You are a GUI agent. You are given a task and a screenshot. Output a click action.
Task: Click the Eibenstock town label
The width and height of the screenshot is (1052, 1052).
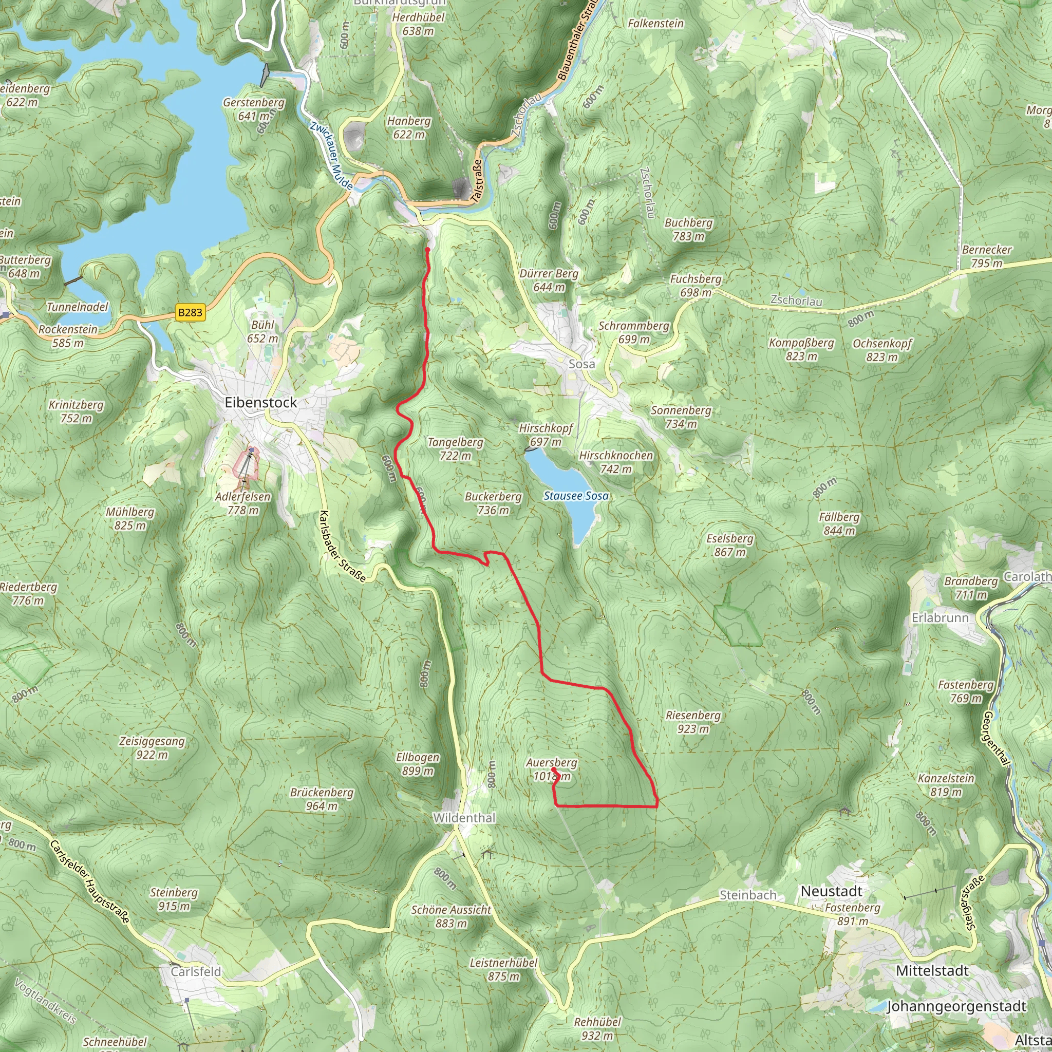[261, 402]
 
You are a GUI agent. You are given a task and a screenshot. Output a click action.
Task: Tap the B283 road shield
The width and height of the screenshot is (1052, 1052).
[190, 312]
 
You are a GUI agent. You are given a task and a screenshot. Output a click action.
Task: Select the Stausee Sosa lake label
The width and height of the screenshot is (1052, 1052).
[576, 496]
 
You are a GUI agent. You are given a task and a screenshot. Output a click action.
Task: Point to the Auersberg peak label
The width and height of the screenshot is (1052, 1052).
[551, 769]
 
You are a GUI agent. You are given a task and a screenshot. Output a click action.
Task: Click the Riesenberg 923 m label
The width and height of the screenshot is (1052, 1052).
[693, 722]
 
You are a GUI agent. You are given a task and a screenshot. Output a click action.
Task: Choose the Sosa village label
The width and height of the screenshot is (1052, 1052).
[581, 364]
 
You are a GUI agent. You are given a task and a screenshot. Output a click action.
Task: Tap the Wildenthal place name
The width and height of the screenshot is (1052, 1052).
[464, 818]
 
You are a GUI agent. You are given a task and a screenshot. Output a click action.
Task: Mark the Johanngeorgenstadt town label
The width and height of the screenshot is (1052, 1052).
[956, 1006]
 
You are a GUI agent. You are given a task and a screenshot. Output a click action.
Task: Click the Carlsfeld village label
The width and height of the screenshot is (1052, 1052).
[196, 972]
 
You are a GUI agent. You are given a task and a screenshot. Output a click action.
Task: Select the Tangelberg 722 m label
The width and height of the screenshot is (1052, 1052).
[456, 448]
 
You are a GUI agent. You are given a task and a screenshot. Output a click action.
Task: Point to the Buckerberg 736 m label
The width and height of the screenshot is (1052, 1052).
[493, 503]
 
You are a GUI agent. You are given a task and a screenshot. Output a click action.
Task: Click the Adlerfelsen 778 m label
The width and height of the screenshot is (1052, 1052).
[243, 503]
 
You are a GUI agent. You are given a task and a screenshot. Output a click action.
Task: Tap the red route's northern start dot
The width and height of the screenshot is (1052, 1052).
[427, 250]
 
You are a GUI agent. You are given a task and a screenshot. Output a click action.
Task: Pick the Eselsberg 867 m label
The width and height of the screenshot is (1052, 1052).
[730, 545]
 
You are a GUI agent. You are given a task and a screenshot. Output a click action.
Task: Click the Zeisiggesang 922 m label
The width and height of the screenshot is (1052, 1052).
[153, 747]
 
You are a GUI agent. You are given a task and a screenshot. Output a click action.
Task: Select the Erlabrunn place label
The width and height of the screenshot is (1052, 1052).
[941, 618]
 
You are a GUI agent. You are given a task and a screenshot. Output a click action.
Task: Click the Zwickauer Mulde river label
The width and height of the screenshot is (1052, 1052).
[332, 155]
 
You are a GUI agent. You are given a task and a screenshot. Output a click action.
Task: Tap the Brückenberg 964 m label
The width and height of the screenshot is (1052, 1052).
[322, 799]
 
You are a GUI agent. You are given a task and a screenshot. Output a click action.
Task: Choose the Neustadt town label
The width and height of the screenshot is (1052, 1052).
[831, 891]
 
